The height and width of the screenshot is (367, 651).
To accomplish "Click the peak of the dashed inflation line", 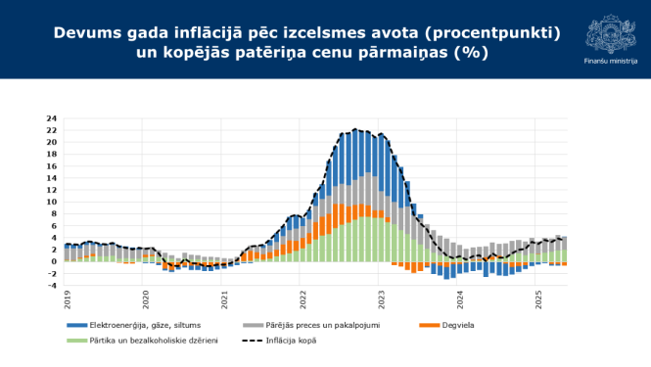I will [x=357, y=129].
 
